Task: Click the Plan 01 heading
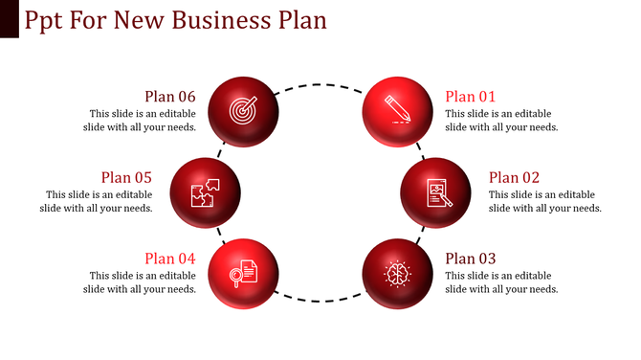pyautogui.click(x=472, y=96)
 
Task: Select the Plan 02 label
pyautogui.click(x=515, y=177)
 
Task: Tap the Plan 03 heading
pyautogui.click(x=472, y=258)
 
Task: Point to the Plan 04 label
pyautogui.click(x=170, y=258)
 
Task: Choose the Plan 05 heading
pyautogui.click(x=127, y=177)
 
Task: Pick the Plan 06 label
pyautogui.click(x=170, y=96)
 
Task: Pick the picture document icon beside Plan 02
pyautogui.click(x=436, y=192)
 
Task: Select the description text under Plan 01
pyautogui.click(x=501, y=120)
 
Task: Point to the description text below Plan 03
pyautogui.click(x=501, y=281)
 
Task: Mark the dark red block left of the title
pyautogui.click(x=9, y=19)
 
